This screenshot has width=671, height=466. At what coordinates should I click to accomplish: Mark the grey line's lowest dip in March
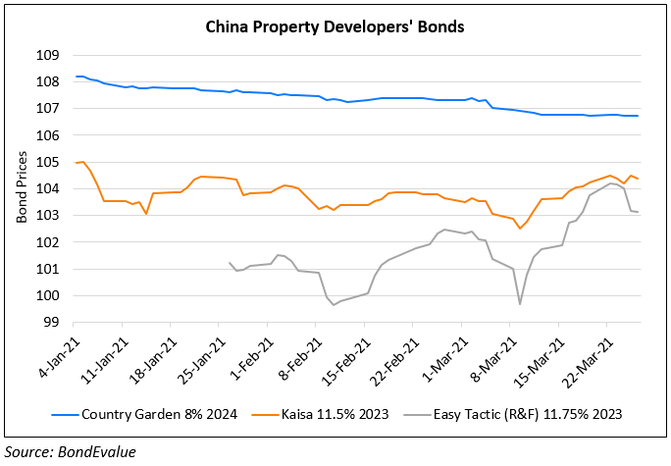520,304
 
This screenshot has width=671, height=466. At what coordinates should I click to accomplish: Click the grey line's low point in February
334,304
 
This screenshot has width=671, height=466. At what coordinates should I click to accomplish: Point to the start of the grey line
230,263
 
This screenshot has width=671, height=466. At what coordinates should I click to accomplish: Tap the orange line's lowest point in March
520,228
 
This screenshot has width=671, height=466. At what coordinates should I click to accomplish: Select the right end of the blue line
639,116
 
